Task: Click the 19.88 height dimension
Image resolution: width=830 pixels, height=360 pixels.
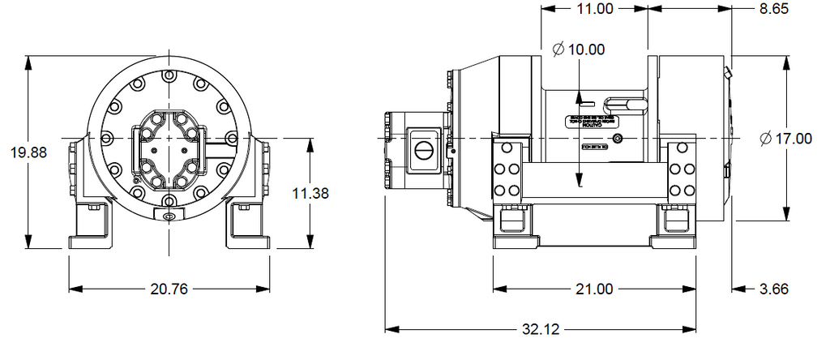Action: (27, 152)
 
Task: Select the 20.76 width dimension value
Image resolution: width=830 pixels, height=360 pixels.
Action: (169, 289)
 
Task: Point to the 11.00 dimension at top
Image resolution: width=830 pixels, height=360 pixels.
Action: (594, 8)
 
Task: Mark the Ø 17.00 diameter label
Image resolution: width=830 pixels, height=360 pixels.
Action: (785, 139)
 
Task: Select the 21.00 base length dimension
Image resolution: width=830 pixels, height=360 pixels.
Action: (594, 289)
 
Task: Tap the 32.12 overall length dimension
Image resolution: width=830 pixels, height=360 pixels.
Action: (541, 330)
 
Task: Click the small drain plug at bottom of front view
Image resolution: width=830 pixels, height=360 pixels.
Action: (168, 216)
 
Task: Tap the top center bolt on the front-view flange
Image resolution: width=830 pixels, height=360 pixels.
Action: (168, 77)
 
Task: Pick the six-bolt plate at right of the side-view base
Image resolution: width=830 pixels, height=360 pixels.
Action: (682, 169)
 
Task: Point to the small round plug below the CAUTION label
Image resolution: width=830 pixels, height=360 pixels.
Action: (618, 140)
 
